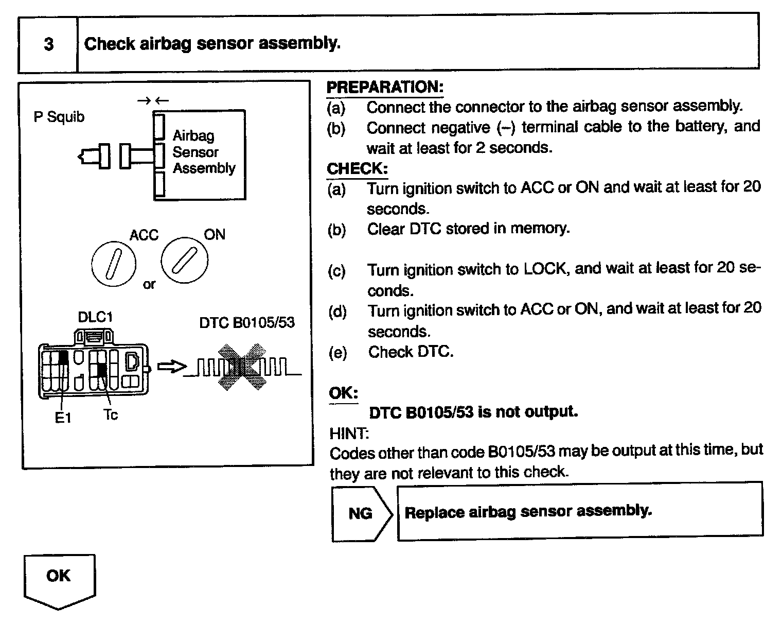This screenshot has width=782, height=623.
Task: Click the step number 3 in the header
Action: click(x=48, y=44)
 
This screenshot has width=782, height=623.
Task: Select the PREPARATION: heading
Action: click(x=384, y=87)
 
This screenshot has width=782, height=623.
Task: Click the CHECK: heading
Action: click(x=357, y=168)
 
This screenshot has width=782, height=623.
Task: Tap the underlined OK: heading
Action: click(x=343, y=393)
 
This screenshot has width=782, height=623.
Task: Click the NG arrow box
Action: click(x=361, y=513)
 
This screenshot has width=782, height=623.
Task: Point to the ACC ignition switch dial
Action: click(x=114, y=263)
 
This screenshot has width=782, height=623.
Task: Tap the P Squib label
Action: click(x=59, y=117)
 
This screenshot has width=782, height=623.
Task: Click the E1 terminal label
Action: click(x=63, y=418)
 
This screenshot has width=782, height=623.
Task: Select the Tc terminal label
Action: click(x=111, y=415)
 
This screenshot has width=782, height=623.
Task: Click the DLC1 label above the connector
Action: click(x=95, y=317)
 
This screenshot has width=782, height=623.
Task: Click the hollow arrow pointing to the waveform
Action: click(x=171, y=367)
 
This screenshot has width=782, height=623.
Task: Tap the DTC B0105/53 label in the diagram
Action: click(x=247, y=323)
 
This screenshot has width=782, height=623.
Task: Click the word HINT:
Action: click(x=349, y=434)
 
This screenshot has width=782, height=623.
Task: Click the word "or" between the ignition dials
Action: click(x=149, y=284)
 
